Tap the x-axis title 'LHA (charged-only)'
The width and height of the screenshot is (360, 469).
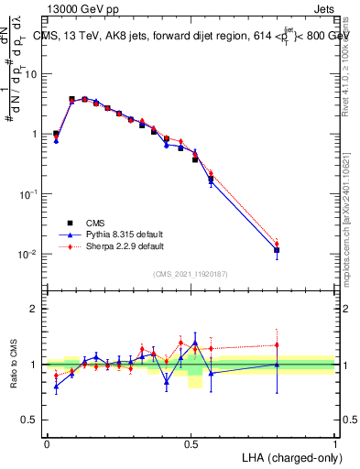(x=292, y=456)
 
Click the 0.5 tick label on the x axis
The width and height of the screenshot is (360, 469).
(x=191, y=442)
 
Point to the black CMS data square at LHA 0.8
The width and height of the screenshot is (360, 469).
(x=277, y=250)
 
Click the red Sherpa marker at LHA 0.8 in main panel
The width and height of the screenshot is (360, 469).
(x=277, y=243)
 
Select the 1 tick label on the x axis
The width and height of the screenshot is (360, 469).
(x=335, y=442)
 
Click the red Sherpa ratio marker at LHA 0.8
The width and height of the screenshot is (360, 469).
(x=277, y=345)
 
